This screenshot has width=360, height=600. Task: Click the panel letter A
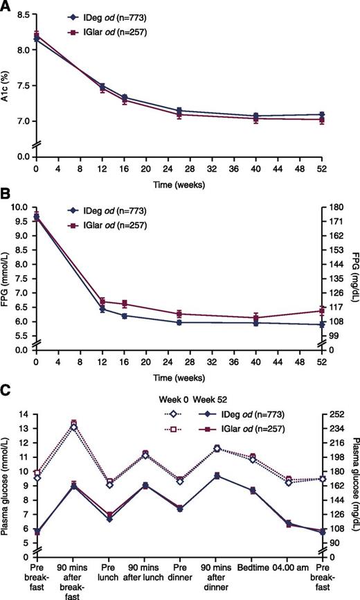[x=7, y=6]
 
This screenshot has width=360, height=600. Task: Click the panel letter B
[x=7, y=204]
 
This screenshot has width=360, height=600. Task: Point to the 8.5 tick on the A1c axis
[x=23, y=14]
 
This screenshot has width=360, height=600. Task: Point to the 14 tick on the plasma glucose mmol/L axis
[x=24, y=414]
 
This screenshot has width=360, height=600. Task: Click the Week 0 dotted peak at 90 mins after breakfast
[x=73, y=425]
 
